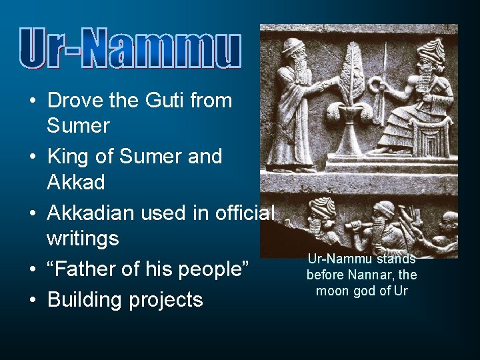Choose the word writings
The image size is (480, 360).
pos(83,239)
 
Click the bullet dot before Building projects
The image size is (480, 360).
pos(32,301)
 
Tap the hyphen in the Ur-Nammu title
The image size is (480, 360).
pos(79,53)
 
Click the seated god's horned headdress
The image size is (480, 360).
pos(429,48)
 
